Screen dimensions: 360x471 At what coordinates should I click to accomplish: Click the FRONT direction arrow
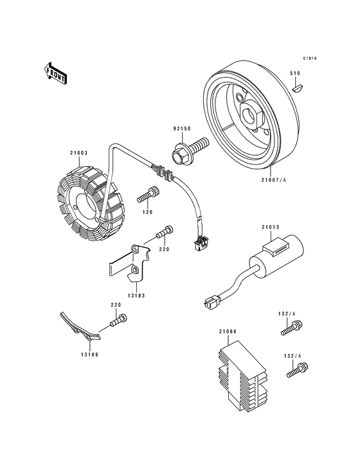point(55,73)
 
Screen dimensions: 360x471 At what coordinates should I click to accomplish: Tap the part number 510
point(295,73)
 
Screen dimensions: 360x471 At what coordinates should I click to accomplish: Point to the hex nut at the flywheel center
point(251,114)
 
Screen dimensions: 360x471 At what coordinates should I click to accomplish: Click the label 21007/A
point(273,180)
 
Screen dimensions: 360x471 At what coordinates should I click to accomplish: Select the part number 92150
point(182,129)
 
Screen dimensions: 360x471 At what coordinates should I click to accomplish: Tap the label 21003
point(78,153)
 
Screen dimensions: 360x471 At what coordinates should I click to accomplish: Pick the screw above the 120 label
point(148,195)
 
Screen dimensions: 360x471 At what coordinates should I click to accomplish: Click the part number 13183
point(136,295)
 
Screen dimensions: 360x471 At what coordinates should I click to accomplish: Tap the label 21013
point(270,227)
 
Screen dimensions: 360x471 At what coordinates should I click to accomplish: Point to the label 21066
point(228,331)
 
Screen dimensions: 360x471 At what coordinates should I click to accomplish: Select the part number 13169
point(89,355)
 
